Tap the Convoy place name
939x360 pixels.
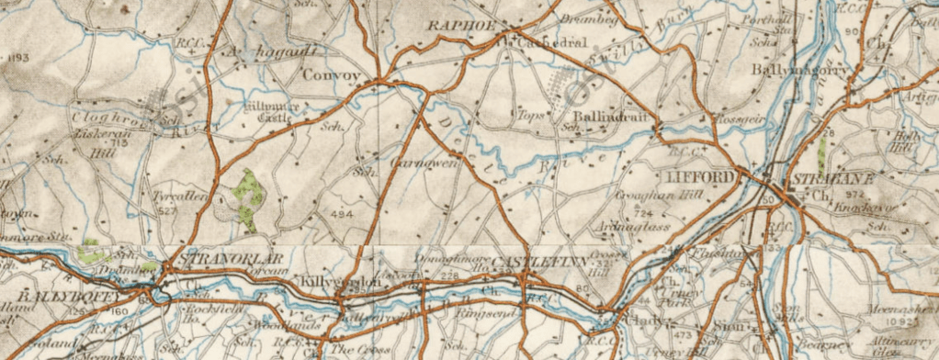[x=327, y=75]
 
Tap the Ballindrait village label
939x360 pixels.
[x=604, y=118]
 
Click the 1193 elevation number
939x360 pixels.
[x=16, y=58]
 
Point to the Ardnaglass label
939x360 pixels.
[x=633, y=227]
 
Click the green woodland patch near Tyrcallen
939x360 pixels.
[x=248, y=196]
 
